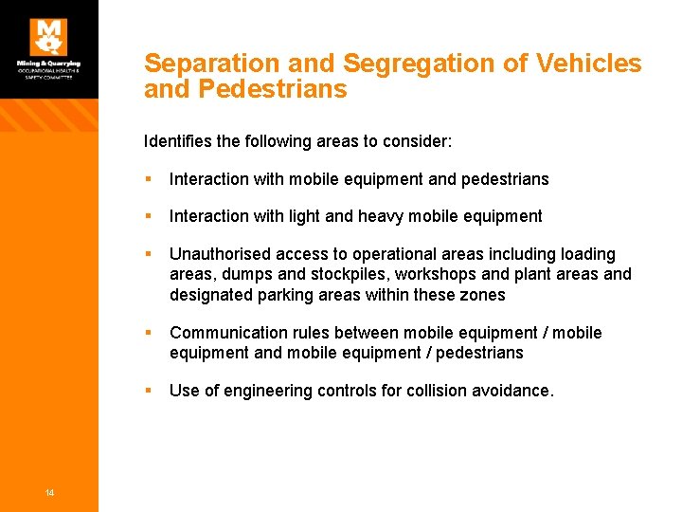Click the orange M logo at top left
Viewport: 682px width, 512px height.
[x=48, y=36]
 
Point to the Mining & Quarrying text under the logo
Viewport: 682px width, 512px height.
[x=48, y=64]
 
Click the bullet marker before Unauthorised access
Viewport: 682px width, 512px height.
[x=150, y=254]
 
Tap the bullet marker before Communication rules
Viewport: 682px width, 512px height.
[x=150, y=333]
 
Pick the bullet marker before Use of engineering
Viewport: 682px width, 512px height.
[x=150, y=391]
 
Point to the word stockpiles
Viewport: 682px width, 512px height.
[x=332, y=275]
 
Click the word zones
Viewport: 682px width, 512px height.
[x=485, y=295]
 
